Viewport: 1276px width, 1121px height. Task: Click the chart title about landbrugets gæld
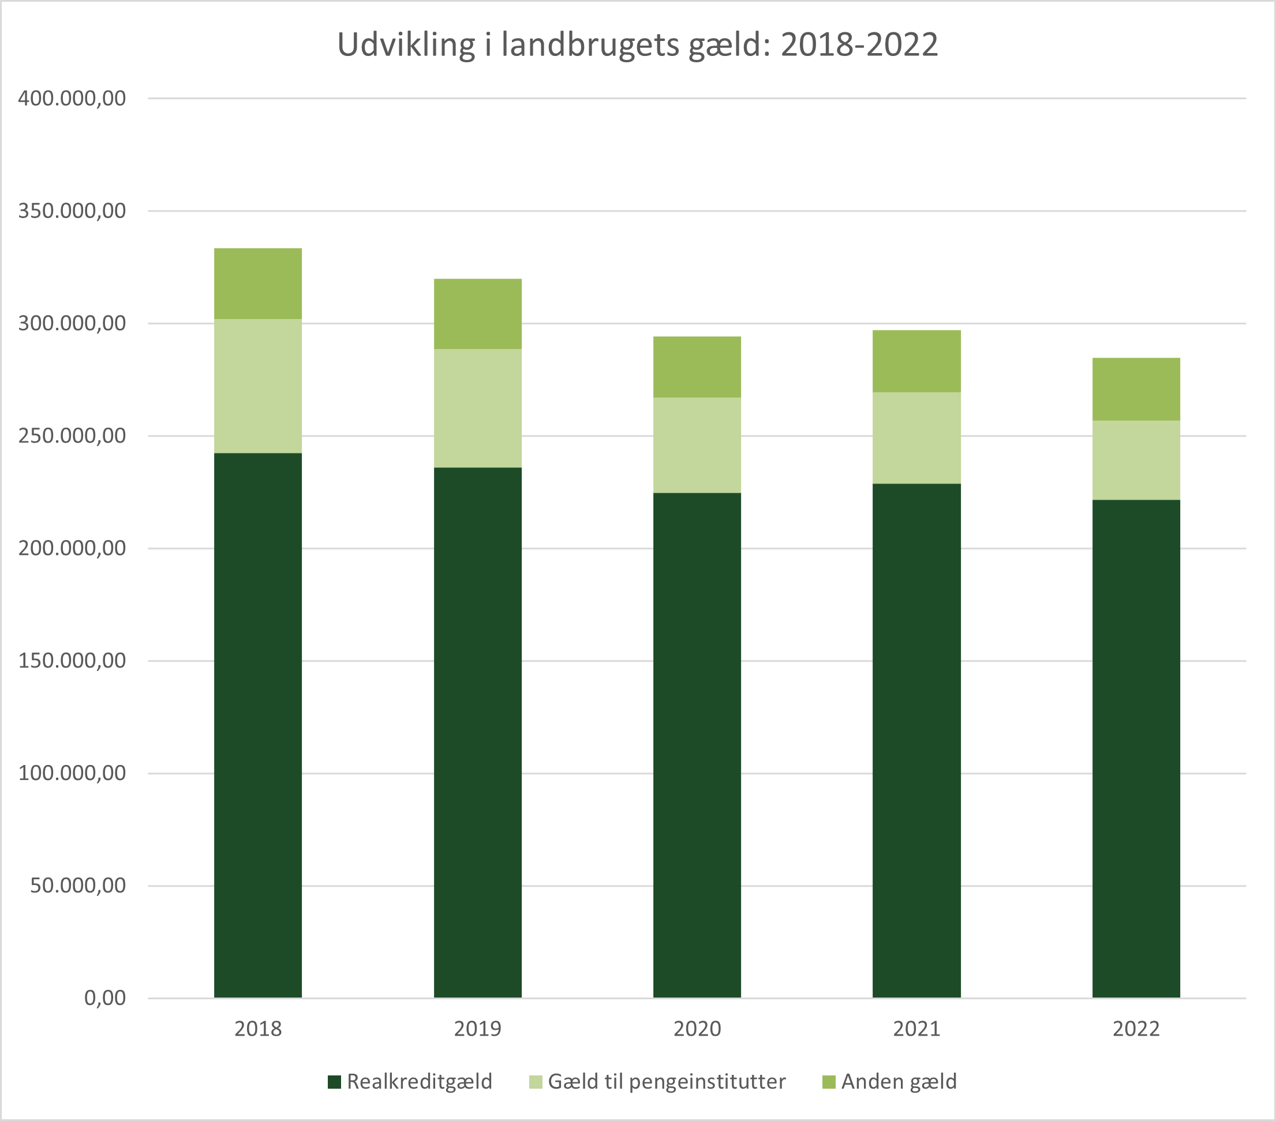[x=637, y=45]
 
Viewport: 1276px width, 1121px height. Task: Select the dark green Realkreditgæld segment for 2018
[x=258, y=725]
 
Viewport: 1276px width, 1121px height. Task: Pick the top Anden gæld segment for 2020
[x=697, y=367]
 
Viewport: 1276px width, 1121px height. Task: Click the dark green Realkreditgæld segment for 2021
[x=916, y=740]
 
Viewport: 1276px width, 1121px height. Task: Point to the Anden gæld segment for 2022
[x=1136, y=389]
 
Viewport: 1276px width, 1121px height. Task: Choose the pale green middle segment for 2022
[x=1136, y=460]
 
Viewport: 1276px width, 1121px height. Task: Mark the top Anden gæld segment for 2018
[x=258, y=283]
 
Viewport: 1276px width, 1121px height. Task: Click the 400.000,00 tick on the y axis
[x=72, y=99]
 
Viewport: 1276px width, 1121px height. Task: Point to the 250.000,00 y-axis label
[x=72, y=436]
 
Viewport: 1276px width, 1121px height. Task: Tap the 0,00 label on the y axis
[x=105, y=998]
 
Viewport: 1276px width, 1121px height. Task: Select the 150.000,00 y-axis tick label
[x=72, y=661]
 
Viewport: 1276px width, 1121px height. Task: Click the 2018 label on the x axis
[x=258, y=1029]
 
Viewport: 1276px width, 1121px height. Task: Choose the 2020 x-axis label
[x=697, y=1029]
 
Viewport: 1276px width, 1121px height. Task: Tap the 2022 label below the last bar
[x=1136, y=1029]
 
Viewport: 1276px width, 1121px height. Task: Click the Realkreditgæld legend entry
[x=420, y=1082]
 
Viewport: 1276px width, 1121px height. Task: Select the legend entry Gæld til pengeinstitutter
[x=666, y=1082]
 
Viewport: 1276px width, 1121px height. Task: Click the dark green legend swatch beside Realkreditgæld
[x=335, y=1082]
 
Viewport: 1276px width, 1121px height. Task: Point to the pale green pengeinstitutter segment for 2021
[x=916, y=437]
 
